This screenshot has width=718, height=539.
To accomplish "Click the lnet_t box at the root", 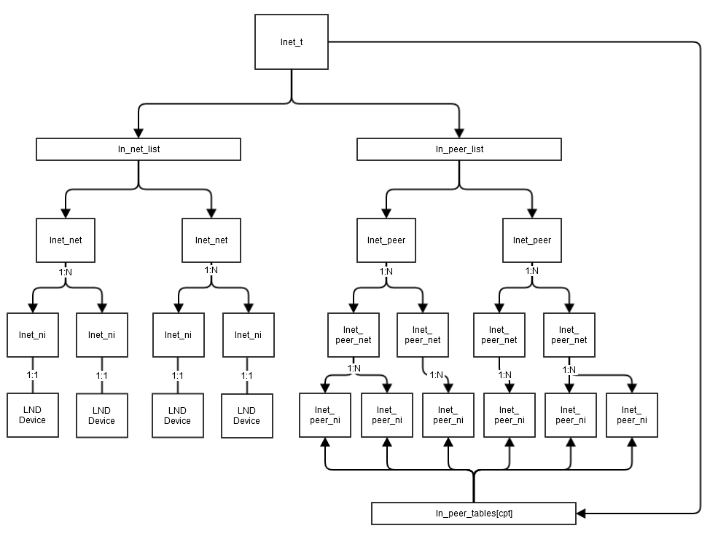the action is tap(292, 42).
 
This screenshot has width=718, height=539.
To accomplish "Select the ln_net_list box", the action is tap(138, 149).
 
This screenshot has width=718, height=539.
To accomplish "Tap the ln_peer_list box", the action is tap(458, 149).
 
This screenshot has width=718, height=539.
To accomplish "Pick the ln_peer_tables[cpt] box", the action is tap(474, 514).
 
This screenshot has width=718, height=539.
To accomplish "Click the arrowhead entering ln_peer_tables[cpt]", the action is tap(581, 514).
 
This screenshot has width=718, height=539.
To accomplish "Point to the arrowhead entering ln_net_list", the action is tap(138, 133).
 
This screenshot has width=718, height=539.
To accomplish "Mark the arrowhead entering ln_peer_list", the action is tap(458, 133).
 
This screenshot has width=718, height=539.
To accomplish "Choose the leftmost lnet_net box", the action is tap(66, 240).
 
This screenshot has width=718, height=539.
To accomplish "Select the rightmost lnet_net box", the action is tap(211, 240).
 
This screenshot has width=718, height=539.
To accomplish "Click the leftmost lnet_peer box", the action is tap(386, 240).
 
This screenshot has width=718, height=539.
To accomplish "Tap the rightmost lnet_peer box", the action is tap(531, 240).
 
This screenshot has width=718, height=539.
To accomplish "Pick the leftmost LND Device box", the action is tap(33, 415).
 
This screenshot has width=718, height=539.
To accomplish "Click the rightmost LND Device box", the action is tap(247, 416).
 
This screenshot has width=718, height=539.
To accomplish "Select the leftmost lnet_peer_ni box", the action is tap(325, 415).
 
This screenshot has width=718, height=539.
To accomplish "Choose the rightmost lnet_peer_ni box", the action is tap(632, 415).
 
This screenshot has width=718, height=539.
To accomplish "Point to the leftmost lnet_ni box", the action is tap(33, 335).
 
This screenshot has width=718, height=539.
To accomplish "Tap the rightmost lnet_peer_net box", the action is tap(569, 335).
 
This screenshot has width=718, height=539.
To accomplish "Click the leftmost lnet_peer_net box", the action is tap(354, 335).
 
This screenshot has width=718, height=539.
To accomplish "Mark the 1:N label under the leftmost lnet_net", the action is tap(66, 272).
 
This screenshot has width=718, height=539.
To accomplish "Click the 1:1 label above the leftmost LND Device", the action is tap(33, 375).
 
